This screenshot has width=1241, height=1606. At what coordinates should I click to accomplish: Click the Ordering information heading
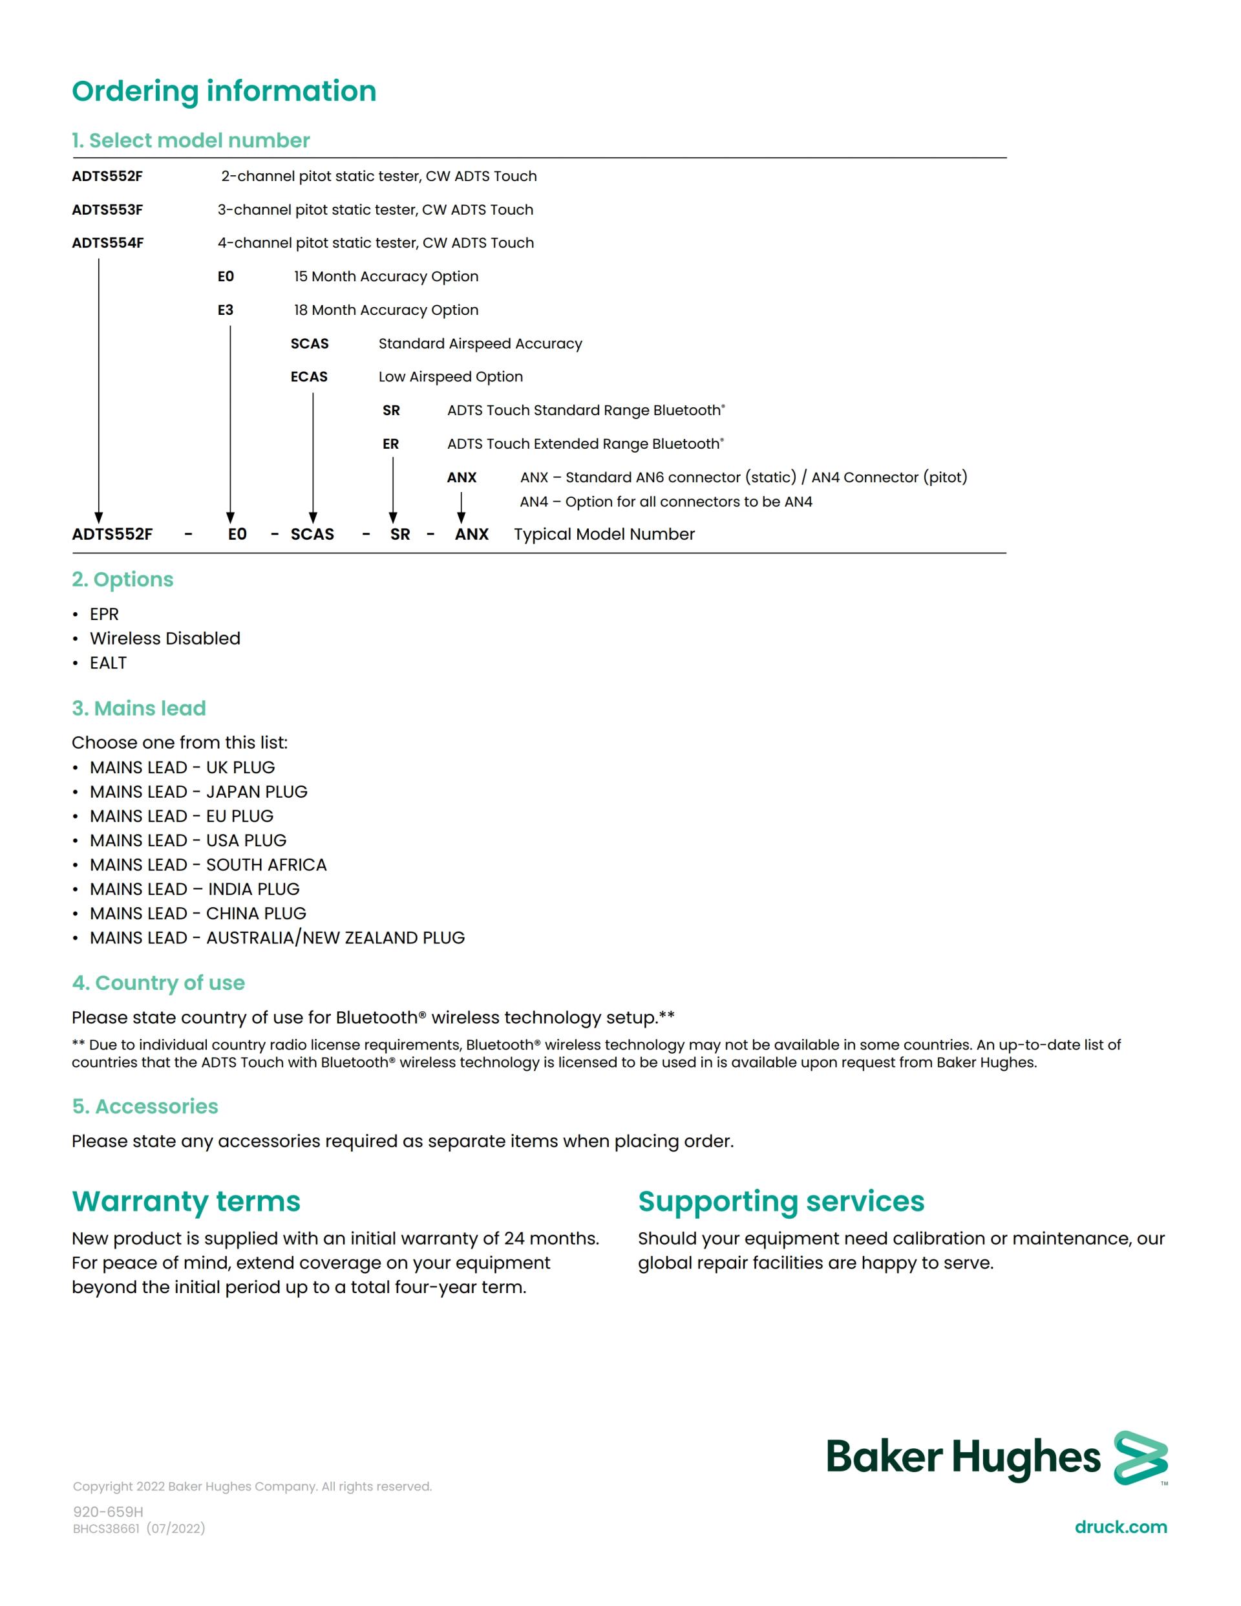224,91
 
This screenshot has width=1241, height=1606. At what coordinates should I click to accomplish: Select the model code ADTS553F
107,209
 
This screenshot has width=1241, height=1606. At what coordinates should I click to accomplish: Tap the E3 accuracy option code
225,310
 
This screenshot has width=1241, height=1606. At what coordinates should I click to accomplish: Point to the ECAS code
309,376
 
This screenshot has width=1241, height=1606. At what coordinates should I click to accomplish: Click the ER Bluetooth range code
390,444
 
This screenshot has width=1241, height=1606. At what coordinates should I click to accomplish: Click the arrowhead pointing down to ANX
461,518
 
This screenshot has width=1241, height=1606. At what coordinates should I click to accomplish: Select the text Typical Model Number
604,534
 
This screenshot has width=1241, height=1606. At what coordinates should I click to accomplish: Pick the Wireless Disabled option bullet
165,638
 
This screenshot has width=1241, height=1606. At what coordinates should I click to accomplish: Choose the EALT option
108,663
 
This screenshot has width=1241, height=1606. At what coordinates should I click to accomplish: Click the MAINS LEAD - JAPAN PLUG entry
198,791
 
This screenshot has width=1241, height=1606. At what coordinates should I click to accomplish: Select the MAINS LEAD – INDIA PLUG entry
195,889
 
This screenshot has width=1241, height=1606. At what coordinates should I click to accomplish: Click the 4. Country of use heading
158,983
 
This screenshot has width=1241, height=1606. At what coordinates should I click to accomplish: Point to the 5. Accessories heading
145,1106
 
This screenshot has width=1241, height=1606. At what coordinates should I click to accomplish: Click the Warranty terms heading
186,1201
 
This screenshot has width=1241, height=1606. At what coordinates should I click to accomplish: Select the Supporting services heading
781,1201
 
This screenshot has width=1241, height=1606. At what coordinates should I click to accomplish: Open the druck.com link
1120,1526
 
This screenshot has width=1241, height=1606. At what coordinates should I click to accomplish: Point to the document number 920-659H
108,1511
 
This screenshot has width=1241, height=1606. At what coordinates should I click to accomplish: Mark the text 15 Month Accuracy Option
386,277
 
